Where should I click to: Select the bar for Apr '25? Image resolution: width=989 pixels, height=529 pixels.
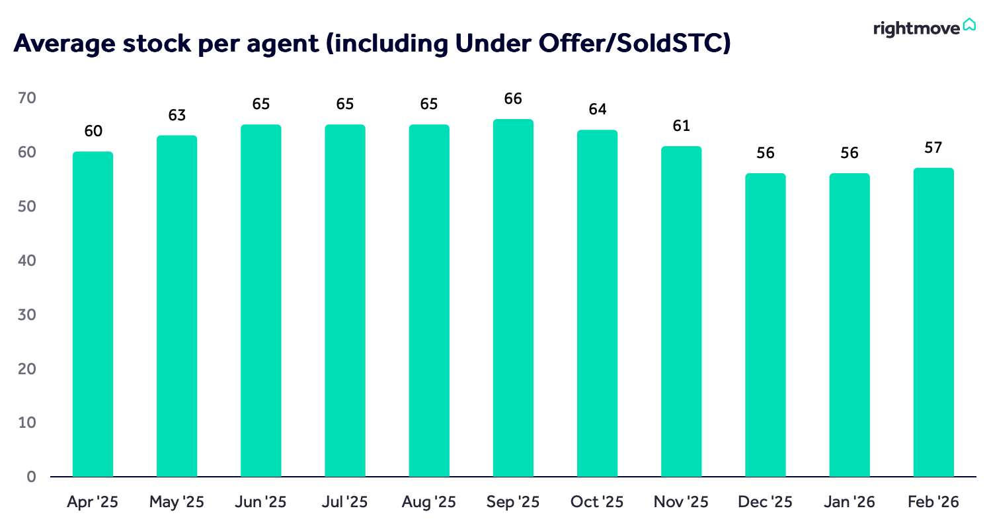point(93,314)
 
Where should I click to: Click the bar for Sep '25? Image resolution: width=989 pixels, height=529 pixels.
point(513,298)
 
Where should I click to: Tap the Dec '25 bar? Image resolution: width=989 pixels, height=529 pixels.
point(766,325)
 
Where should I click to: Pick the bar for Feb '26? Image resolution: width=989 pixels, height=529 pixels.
point(933,322)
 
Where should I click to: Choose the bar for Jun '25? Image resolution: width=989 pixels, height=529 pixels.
point(260,300)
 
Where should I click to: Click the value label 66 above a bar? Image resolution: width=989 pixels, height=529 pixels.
point(513,99)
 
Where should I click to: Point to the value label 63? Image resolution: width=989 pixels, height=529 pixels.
point(177,115)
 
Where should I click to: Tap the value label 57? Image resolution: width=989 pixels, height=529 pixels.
point(933,147)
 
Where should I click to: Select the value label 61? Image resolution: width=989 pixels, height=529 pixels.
point(681,126)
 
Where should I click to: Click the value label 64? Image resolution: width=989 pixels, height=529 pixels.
point(597,110)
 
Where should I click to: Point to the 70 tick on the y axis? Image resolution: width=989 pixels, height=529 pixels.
point(27,99)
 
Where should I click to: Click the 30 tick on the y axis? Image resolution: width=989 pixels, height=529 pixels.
point(27,315)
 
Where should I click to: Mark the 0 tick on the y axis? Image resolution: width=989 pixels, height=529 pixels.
point(31,477)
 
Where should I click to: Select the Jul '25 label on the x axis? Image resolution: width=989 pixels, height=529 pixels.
point(344,502)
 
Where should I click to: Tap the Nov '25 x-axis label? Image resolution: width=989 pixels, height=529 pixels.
point(681,502)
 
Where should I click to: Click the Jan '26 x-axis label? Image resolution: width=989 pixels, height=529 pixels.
point(849,502)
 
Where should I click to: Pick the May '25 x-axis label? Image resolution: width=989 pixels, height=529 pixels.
point(177,502)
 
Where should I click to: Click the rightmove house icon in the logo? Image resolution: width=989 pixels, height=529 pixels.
point(969,25)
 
